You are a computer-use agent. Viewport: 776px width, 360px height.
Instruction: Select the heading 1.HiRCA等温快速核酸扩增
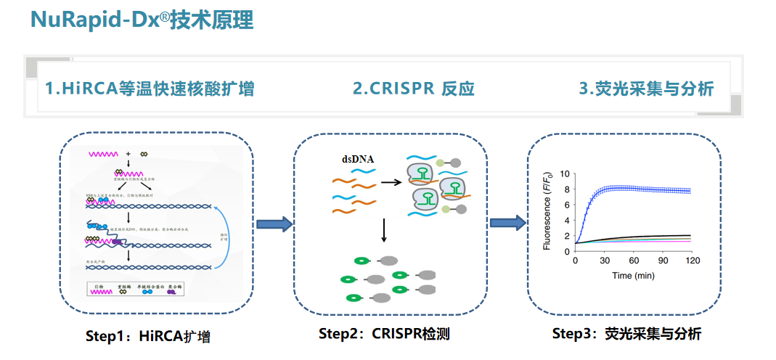[x=150, y=89]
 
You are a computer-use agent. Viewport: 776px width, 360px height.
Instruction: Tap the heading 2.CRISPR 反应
[x=413, y=89]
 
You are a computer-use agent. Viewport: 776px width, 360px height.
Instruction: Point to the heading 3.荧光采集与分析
[x=646, y=89]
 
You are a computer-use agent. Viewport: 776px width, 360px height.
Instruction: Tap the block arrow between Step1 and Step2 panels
[x=274, y=224]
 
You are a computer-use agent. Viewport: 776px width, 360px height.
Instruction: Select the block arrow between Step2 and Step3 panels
[x=507, y=223]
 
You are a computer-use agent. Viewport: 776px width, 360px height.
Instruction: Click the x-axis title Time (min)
[x=633, y=276]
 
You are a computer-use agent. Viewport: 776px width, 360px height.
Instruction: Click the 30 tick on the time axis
[x=604, y=260]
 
